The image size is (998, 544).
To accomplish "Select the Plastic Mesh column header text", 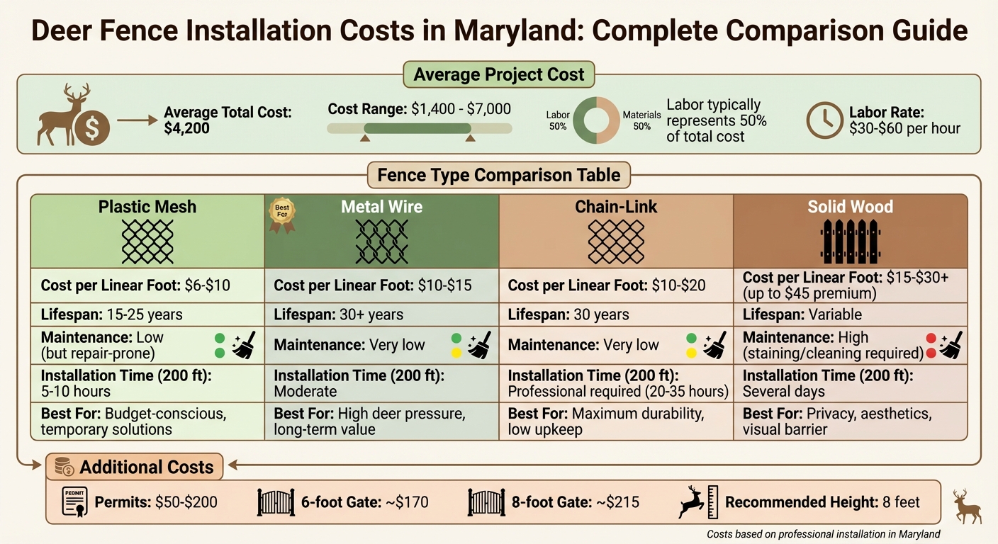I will pos(147,207).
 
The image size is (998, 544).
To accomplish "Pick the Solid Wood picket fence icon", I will pos(851,241).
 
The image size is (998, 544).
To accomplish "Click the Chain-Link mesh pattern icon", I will pos(616,241).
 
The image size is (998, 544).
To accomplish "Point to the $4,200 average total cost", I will pos(186,129).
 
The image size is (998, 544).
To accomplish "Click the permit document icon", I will pos(74,503).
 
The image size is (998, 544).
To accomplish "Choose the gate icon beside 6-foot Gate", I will pos(276,502).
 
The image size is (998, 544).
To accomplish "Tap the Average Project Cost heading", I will pos(499,74).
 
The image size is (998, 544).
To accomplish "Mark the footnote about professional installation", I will pos(823,534).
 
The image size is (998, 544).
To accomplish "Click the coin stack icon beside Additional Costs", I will pos(65,467).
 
